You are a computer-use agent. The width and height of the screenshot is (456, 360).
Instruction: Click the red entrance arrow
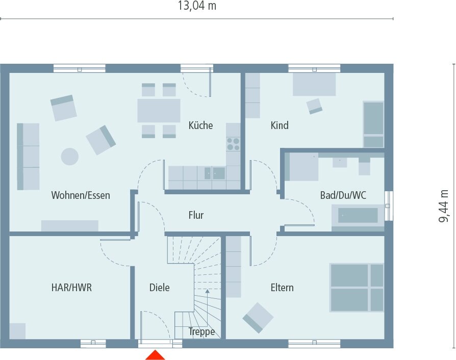point(155,355)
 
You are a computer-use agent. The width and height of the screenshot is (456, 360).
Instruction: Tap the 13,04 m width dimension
point(197,6)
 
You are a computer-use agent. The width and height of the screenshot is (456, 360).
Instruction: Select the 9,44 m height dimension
point(444,206)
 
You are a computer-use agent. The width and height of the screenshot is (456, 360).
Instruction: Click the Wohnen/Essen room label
point(81,195)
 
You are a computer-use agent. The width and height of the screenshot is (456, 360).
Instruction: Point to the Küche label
point(200,125)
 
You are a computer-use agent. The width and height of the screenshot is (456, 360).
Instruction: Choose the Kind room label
point(279,125)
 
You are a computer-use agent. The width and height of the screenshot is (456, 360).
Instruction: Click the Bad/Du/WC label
point(343,195)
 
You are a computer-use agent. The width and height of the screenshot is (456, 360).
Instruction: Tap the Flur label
point(196,215)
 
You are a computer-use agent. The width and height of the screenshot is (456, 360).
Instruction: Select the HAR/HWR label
point(71,288)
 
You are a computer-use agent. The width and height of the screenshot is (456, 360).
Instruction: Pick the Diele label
point(160,288)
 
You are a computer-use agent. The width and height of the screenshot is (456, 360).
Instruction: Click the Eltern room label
point(282,288)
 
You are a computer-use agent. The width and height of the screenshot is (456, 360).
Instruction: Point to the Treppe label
point(201,331)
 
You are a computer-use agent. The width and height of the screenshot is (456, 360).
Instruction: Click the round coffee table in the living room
point(70,156)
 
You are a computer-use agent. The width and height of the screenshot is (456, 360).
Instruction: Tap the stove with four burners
point(233,144)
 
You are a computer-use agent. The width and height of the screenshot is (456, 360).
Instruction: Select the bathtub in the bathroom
point(357,216)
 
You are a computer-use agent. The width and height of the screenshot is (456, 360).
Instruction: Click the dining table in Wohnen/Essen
point(159,110)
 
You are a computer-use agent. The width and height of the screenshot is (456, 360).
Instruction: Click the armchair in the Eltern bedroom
point(258,317)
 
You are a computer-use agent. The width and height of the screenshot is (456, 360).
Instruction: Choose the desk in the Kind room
point(314,84)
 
